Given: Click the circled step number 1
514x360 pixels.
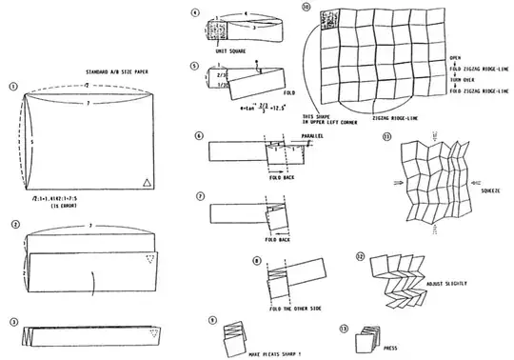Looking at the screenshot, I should click(13, 86).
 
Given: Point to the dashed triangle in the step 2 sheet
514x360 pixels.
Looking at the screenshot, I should click(146, 260).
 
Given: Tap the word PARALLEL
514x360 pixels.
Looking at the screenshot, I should click(312, 136).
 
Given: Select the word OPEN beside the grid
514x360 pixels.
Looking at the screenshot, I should click(456, 58).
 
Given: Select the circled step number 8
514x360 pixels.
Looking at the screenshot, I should click(257, 260).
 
